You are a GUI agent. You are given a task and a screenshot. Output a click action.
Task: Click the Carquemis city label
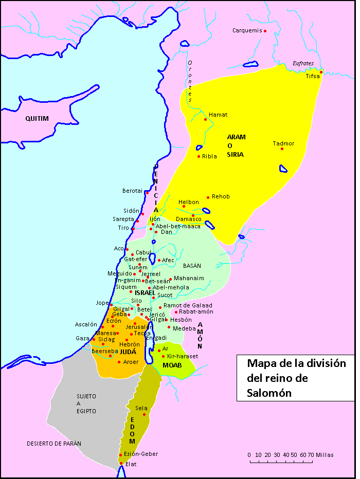(247, 31)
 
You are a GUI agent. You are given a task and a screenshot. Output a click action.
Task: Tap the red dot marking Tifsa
(321, 72)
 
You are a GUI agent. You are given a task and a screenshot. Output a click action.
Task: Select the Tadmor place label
(283, 144)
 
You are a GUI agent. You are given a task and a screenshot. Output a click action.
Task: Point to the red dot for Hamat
(206, 120)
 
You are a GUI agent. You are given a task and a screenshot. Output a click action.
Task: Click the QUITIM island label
(37, 119)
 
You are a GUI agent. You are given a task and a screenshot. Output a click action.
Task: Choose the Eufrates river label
(303, 63)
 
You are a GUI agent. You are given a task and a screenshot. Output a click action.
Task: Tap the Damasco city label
(188, 219)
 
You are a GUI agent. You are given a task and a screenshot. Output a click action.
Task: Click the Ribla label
(209, 156)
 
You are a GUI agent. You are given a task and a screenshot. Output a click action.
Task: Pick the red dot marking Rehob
(208, 197)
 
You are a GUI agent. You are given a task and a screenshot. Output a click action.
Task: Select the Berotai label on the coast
(132, 191)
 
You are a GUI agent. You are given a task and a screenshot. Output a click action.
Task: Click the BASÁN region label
(191, 266)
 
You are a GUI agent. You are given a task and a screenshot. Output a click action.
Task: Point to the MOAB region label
(172, 365)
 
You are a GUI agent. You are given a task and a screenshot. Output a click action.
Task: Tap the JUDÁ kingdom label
(128, 352)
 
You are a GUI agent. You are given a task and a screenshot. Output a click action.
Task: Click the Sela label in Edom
(141, 408)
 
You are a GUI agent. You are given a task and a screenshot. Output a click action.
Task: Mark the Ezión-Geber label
(141, 454)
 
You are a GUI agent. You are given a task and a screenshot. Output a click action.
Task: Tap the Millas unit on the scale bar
(325, 455)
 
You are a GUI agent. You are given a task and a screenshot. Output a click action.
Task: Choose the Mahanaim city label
(189, 278)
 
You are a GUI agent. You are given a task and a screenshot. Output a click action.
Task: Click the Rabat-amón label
(196, 312)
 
